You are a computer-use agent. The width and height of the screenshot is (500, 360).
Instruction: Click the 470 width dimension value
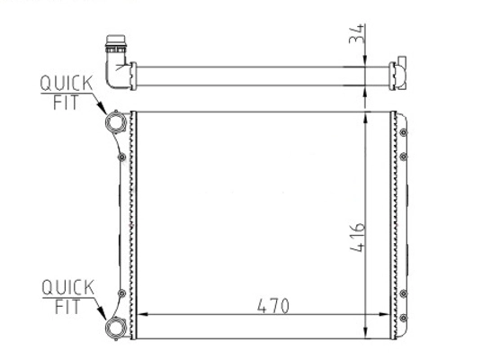click(x=273, y=306)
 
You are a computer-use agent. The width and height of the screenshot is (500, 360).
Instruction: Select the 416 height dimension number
click(x=357, y=238)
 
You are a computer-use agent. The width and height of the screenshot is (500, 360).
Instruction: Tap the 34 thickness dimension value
click(x=356, y=33)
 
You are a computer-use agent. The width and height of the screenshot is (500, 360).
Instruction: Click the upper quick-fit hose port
click(x=116, y=122)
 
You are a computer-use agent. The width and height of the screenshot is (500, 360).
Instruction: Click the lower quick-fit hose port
click(x=116, y=328)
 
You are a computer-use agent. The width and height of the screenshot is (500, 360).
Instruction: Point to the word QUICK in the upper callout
click(x=67, y=84)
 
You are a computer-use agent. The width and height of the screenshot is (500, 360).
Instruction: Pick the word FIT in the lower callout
click(x=67, y=307)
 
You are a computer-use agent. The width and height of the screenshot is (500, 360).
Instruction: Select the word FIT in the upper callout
click(x=66, y=103)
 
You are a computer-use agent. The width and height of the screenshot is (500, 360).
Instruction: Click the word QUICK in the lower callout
click(x=68, y=288)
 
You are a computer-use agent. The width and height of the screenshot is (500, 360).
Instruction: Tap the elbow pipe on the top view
click(x=117, y=74)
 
